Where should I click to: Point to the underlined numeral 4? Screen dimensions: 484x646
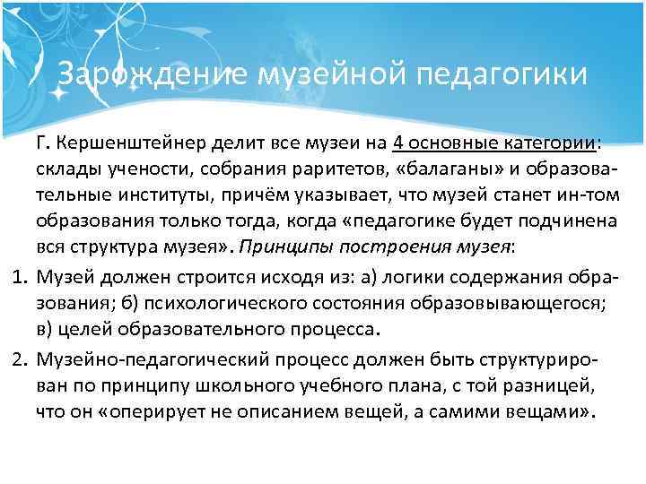(397, 145)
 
